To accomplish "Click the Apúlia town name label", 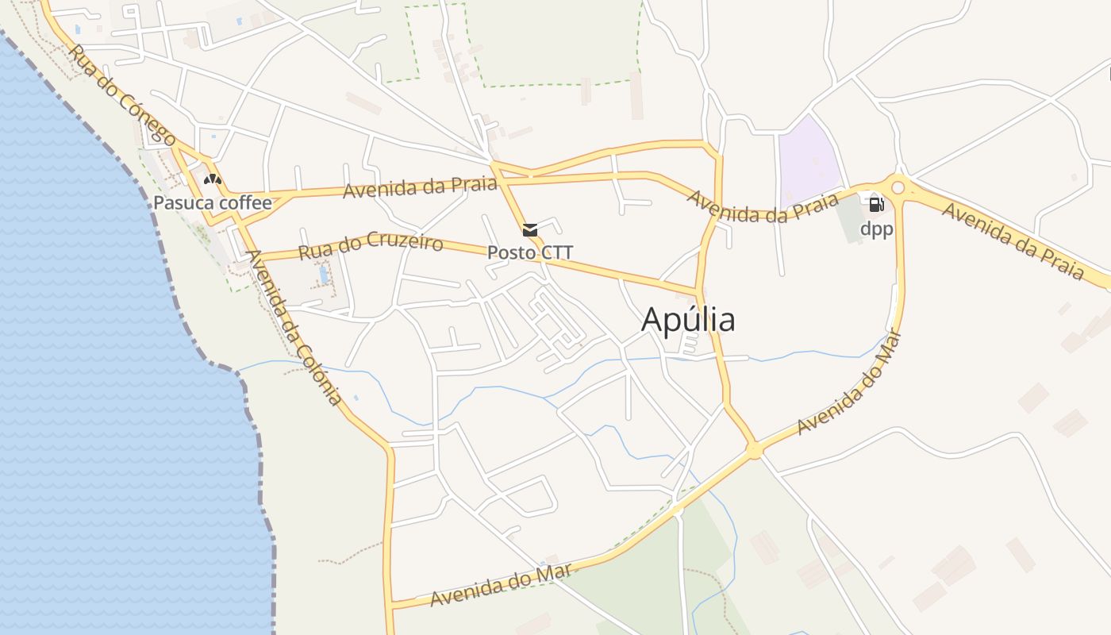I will pyautogui.click(x=688, y=320).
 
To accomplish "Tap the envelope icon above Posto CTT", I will pyautogui.click(x=529, y=230).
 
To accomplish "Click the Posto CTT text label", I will pyautogui.click(x=529, y=253).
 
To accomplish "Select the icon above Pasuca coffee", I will pyautogui.click(x=212, y=179).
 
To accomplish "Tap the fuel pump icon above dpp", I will pyautogui.click(x=876, y=205).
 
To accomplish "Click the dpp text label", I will pyautogui.click(x=876, y=229).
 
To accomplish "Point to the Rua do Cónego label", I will pyautogui.click(x=122, y=95).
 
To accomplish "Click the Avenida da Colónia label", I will pyautogui.click(x=294, y=327).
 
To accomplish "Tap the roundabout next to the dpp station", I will pyautogui.click(x=898, y=188).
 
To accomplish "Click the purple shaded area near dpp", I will pyautogui.click(x=808, y=160).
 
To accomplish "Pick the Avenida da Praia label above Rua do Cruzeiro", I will pyautogui.click(x=420, y=188).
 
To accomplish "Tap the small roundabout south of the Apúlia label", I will pyautogui.click(x=754, y=451).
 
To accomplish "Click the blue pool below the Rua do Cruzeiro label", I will pyautogui.click(x=324, y=275).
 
